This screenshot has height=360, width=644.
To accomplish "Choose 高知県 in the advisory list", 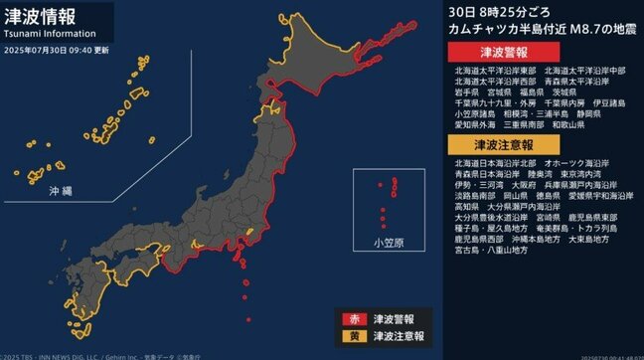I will click(x=470, y=207).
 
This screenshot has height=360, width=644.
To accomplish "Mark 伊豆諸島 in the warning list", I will click(x=608, y=101).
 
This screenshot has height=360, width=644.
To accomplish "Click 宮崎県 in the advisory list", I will click(x=548, y=218).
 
